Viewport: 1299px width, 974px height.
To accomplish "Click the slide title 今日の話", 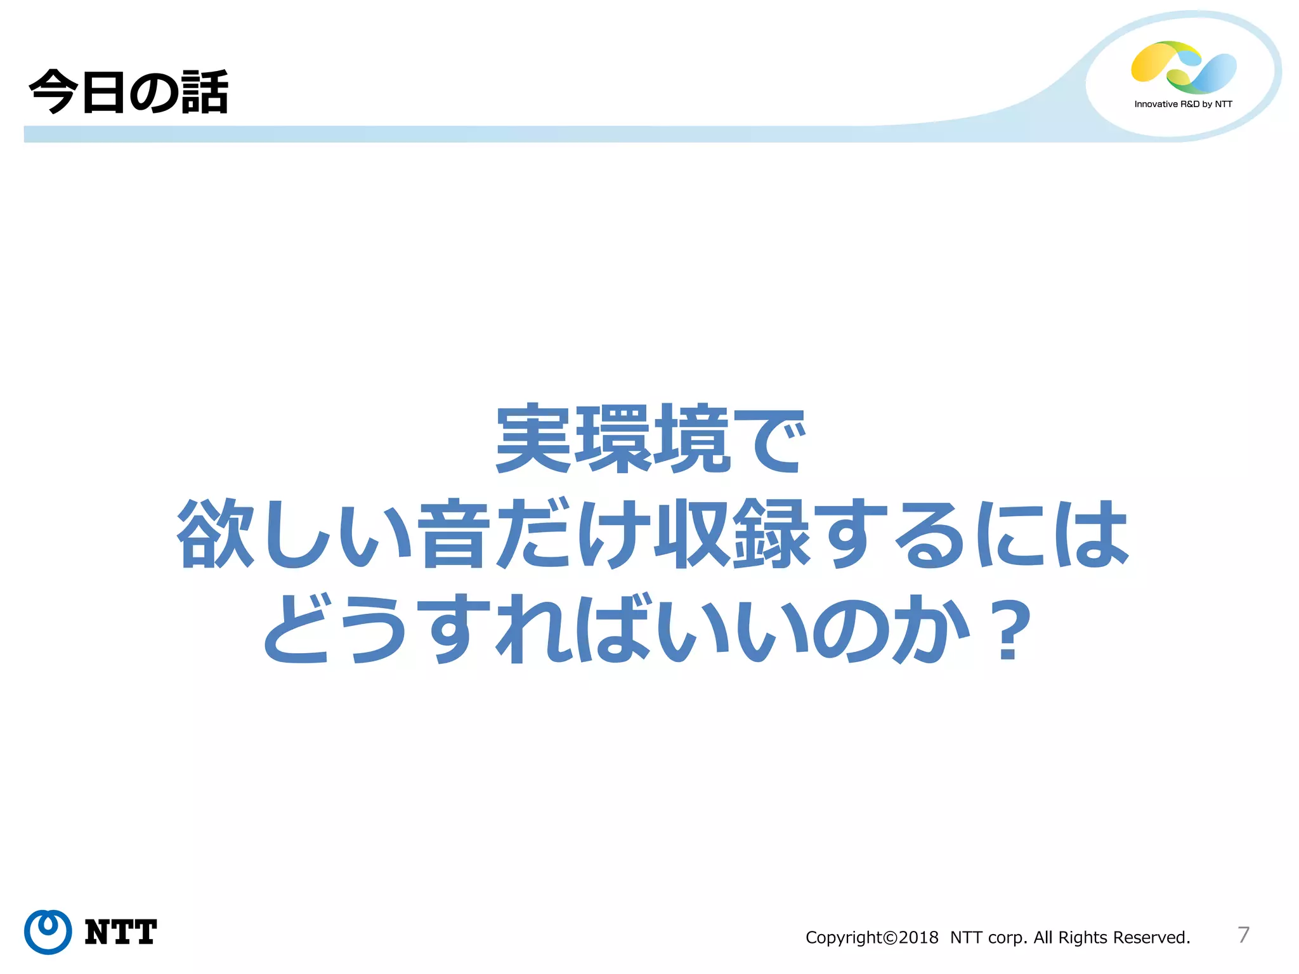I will click(x=129, y=93).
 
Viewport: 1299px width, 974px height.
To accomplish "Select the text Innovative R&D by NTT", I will click(x=1183, y=104).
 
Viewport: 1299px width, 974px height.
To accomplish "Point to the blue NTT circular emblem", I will click(x=48, y=932).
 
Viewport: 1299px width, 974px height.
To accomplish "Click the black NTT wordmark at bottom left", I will click(x=121, y=932).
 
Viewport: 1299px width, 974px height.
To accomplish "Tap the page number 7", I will click(x=1243, y=935).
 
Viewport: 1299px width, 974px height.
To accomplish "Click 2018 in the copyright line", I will click(x=918, y=937).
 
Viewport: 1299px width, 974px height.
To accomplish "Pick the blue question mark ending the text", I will click(x=1007, y=630).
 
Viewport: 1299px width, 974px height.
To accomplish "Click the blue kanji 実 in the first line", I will click(x=534, y=438).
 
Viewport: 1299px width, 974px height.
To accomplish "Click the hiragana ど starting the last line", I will click(x=296, y=629).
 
